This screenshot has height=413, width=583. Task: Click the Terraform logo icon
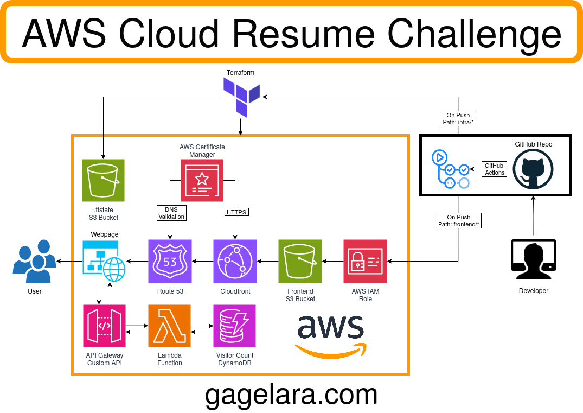pos(242,97)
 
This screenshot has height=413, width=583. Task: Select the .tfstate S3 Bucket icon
pos(103,180)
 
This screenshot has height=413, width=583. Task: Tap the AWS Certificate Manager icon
pos(202,180)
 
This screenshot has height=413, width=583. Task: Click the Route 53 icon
pos(170,262)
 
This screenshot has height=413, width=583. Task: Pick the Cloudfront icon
pos(235,262)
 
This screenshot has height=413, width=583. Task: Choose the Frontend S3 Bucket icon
pos(300,262)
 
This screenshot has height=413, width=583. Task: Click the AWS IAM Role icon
pos(365,262)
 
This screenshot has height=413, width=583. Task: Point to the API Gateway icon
pos(105,326)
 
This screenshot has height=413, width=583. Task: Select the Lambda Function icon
pos(170,326)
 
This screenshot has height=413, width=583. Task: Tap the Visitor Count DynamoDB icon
pos(235,326)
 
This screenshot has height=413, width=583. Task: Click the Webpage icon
pos(104,262)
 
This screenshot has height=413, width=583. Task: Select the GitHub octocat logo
pos(533,169)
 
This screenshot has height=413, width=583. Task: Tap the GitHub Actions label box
pos(494,169)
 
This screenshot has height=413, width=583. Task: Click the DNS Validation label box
pos(171,213)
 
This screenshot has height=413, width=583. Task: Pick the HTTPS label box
pos(236,212)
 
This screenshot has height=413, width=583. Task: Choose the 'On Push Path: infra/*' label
pos(458,119)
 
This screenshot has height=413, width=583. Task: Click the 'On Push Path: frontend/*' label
pos(459,220)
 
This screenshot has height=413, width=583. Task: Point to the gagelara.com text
pos(291,395)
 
